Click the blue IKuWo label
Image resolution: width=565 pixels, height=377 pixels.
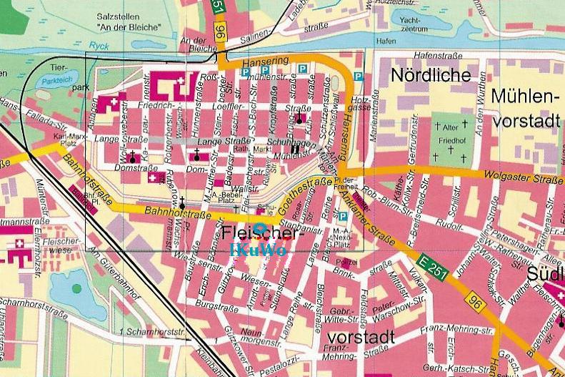259,250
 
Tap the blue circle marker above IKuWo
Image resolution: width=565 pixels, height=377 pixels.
260,230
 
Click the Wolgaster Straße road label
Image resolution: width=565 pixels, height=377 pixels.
514,176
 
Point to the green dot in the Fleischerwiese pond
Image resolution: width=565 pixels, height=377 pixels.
76,290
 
